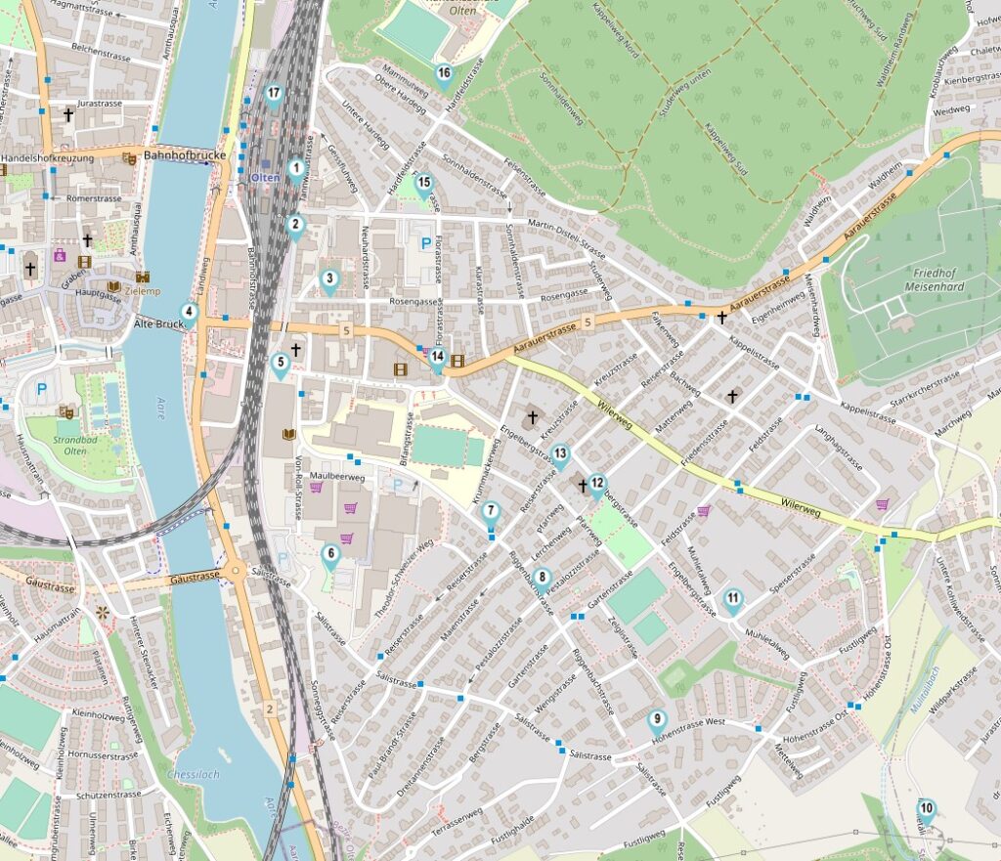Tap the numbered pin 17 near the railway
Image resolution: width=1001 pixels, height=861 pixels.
pos(274,95)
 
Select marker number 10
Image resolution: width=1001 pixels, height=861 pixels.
pos(926,809)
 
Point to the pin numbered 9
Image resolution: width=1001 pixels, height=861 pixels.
pos(657,720)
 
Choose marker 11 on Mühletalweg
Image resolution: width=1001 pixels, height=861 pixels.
pos(733,600)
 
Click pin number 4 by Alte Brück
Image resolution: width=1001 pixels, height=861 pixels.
pos(191,314)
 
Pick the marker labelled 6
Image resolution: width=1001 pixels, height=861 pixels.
pos(330,555)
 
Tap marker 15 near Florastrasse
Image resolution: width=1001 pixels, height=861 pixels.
pos(423,183)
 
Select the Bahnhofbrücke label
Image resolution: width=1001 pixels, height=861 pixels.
pos(184,155)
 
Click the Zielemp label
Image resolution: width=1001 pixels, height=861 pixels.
pos(142,291)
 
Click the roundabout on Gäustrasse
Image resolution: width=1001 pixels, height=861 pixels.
pos(236,572)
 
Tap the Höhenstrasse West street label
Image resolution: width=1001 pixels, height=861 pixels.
pos(690,723)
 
